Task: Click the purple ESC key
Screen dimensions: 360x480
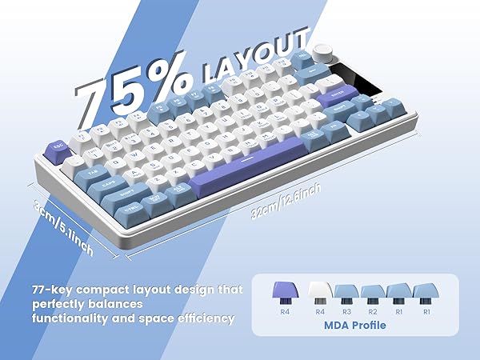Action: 58,148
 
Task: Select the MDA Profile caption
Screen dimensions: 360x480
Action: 355,326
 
